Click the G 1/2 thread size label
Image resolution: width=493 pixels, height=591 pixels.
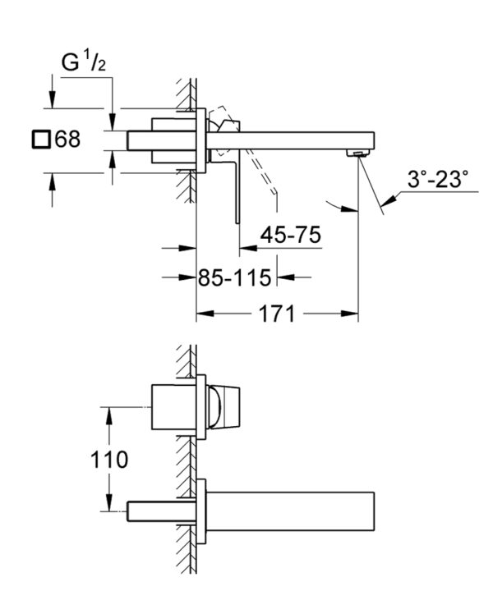(x=84, y=62)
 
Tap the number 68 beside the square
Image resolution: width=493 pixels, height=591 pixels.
(x=67, y=139)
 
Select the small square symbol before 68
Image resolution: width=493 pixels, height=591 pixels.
(x=41, y=139)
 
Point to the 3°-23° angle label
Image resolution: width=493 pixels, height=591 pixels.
(x=438, y=179)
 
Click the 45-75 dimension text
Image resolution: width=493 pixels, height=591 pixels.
(x=290, y=235)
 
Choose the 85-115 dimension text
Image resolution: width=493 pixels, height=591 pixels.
(x=235, y=277)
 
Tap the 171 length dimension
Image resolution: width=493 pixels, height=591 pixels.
(x=276, y=314)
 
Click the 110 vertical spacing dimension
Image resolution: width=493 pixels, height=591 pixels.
(x=109, y=460)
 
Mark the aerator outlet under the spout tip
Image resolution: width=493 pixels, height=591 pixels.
(x=357, y=153)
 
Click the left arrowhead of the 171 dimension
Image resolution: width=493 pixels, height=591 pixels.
(x=205, y=314)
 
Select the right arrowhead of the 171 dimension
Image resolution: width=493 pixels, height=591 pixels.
(x=349, y=314)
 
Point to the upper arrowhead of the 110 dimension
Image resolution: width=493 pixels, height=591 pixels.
(x=109, y=416)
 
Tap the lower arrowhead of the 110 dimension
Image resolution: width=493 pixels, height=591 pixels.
(x=109, y=502)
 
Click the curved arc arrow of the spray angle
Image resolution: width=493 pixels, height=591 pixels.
(x=341, y=208)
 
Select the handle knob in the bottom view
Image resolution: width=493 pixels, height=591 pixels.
(x=223, y=407)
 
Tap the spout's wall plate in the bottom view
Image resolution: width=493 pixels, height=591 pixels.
(x=201, y=511)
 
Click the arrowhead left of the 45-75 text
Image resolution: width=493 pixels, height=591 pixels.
(x=249, y=249)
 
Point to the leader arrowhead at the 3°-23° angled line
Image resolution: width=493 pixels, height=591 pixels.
(x=389, y=200)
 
